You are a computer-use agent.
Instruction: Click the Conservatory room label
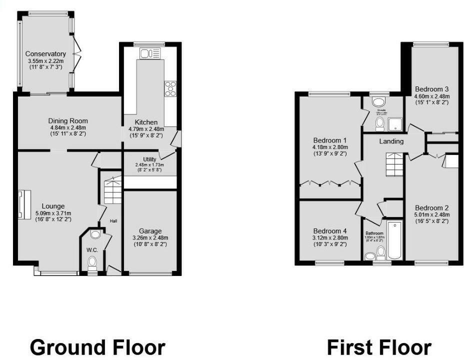(45, 54)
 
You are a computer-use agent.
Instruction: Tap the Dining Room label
(68, 121)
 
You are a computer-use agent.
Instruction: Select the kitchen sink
(150, 53)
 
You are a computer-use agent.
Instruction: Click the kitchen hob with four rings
(170, 88)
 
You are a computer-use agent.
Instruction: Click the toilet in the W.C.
(92, 263)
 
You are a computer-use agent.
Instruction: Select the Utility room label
(149, 159)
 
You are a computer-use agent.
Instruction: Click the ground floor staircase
(112, 190)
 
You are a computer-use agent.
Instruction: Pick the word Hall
(113, 220)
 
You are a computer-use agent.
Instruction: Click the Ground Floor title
(97, 347)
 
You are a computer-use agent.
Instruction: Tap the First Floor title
(379, 347)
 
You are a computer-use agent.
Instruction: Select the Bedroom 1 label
(329, 140)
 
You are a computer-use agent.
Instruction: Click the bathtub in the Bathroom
(395, 239)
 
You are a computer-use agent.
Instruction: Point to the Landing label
(391, 141)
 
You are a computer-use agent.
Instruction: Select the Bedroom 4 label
(329, 231)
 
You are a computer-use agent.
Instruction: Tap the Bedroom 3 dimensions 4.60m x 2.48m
(432, 96)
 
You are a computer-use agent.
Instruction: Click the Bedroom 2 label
(432, 208)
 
